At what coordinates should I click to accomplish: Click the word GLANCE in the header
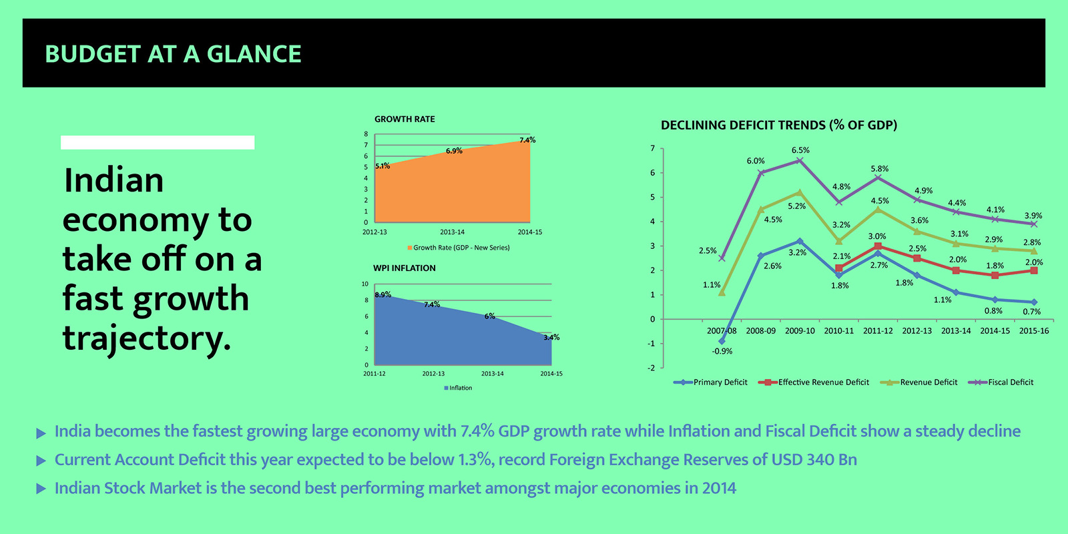point(254,54)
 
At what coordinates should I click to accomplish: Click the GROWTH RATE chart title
point(405,119)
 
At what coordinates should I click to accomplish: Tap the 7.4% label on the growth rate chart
point(527,140)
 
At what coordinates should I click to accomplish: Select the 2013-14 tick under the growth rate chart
point(452,232)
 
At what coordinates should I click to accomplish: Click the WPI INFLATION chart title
point(405,268)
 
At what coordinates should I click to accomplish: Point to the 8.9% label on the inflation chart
point(383,294)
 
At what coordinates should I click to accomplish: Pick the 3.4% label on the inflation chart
point(551,337)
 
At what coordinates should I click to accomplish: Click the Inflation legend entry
point(458,388)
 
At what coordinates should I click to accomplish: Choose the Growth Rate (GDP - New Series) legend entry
point(458,248)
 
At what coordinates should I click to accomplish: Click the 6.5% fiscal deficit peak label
point(800,150)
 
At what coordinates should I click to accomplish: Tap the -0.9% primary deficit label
point(722,351)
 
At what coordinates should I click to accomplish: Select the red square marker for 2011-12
point(878,246)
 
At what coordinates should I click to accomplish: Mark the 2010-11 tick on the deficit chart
point(838,331)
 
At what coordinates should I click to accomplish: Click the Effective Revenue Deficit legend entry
point(814,382)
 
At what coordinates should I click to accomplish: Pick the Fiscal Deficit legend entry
point(1001,382)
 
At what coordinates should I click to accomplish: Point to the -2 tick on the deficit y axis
point(651,368)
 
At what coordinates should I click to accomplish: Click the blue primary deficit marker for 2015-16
point(1034,302)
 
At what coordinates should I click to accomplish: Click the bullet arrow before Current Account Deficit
point(41,461)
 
